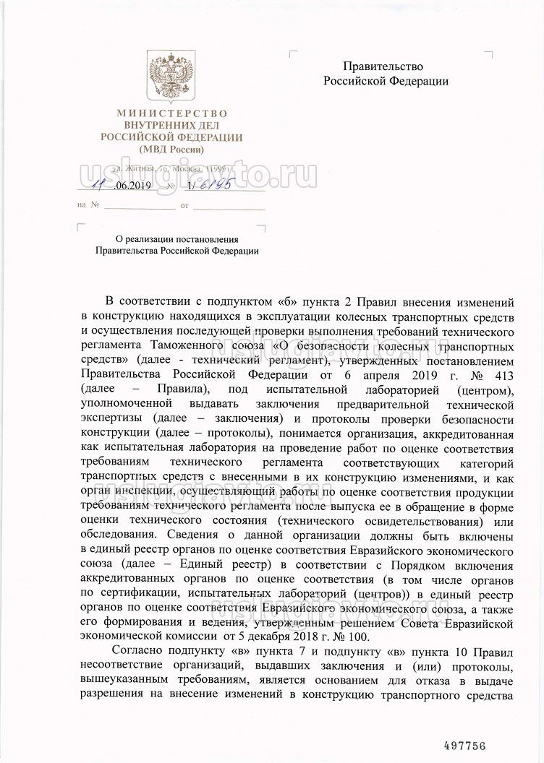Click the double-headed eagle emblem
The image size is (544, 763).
pyautogui.click(x=171, y=76)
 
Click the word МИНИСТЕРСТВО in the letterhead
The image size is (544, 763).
pyautogui.click(x=172, y=113)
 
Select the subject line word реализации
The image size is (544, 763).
pyautogui.click(x=149, y=238)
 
